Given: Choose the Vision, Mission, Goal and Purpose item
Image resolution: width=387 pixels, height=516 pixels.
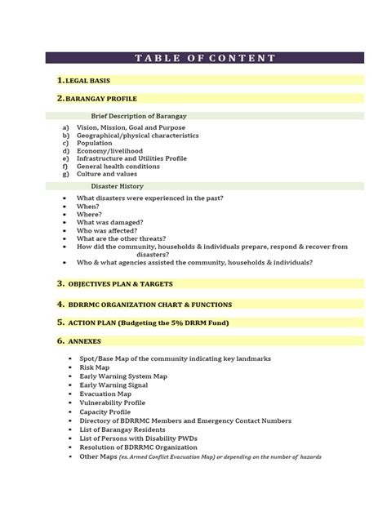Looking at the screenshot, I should [x=131, y=128].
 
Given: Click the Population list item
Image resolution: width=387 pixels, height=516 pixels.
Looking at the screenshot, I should [x=96, y=143].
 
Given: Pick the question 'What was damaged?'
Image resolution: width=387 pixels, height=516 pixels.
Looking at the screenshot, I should [x=110, y=223].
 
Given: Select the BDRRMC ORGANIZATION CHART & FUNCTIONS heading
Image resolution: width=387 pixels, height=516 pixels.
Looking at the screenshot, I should [x=155, y=303].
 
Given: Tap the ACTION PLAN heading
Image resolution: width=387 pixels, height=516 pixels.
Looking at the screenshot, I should [x=159, y=322].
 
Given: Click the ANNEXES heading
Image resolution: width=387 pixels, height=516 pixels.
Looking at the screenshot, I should [x=87, y=341].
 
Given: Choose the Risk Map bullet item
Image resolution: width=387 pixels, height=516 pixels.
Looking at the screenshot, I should [x=94, y=368].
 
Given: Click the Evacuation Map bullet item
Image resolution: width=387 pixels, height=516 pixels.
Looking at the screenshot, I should [x=105, y=394].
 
